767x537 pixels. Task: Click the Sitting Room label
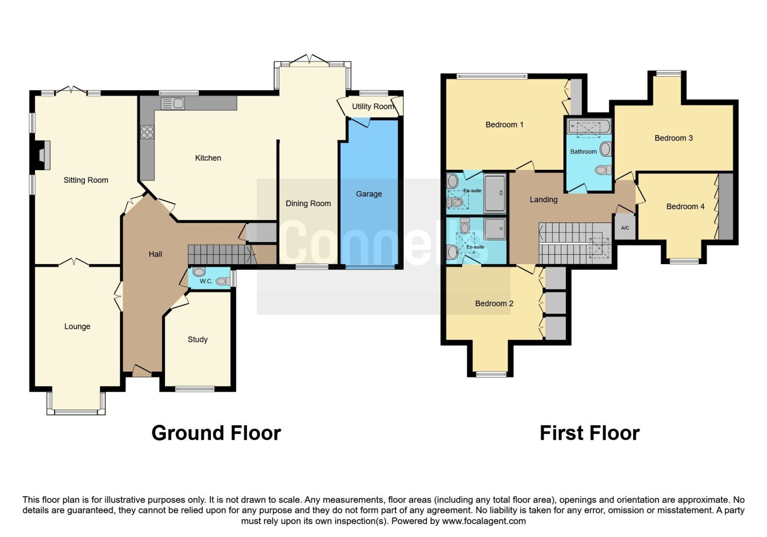[86, 180]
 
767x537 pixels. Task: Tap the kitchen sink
[173, 104]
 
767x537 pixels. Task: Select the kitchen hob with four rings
[147, 132]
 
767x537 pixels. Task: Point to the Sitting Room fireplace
[43, 155]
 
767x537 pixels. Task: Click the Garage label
[369, 194]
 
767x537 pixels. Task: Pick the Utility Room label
[373, 106]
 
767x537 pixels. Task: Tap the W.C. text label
[206, 281]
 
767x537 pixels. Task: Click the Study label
[198, 339]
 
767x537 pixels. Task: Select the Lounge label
[77, 327]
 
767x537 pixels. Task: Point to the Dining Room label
[308, 203]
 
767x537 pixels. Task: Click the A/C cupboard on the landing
[625, 227]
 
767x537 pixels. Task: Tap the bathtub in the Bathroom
[589, 127]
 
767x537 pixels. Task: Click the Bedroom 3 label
[674, 138]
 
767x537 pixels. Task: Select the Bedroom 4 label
[685, 207]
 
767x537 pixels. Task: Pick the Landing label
[544, 199]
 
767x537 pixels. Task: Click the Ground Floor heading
[216, 433]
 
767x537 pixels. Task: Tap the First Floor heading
[590, 433]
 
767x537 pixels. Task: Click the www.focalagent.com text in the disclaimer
[484, 521]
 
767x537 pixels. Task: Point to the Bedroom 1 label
[504, 125]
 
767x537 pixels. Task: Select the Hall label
[155, 254]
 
